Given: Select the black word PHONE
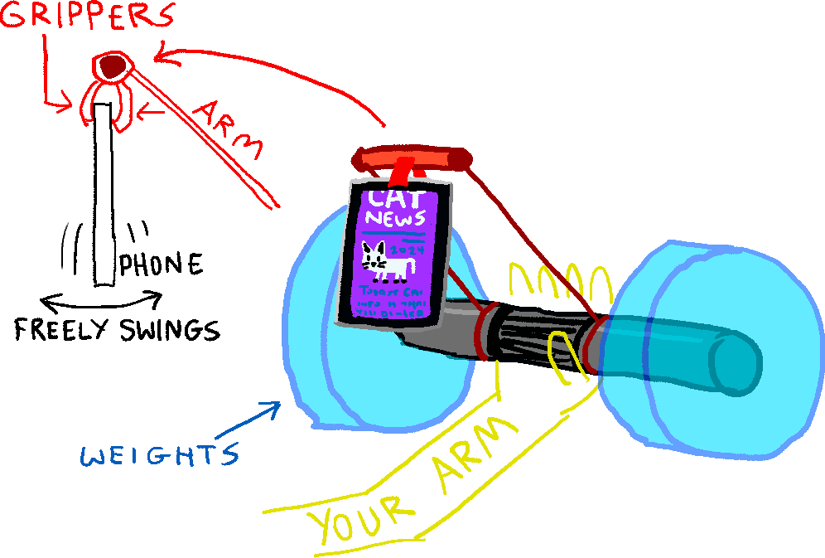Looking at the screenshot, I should coord(162,265).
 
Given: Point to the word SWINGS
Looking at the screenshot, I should coord(169,331).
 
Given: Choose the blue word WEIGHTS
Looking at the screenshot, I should coord(157,454).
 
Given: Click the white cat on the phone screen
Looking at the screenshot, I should coord(383,262).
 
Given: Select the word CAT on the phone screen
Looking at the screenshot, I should coord(396,199).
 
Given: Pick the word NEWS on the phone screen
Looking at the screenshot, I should coord(398,219).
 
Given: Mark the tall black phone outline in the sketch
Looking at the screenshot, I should coord(104,195).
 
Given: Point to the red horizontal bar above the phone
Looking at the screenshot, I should coord(410,156).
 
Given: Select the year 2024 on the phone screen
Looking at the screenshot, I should coord(407,249).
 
